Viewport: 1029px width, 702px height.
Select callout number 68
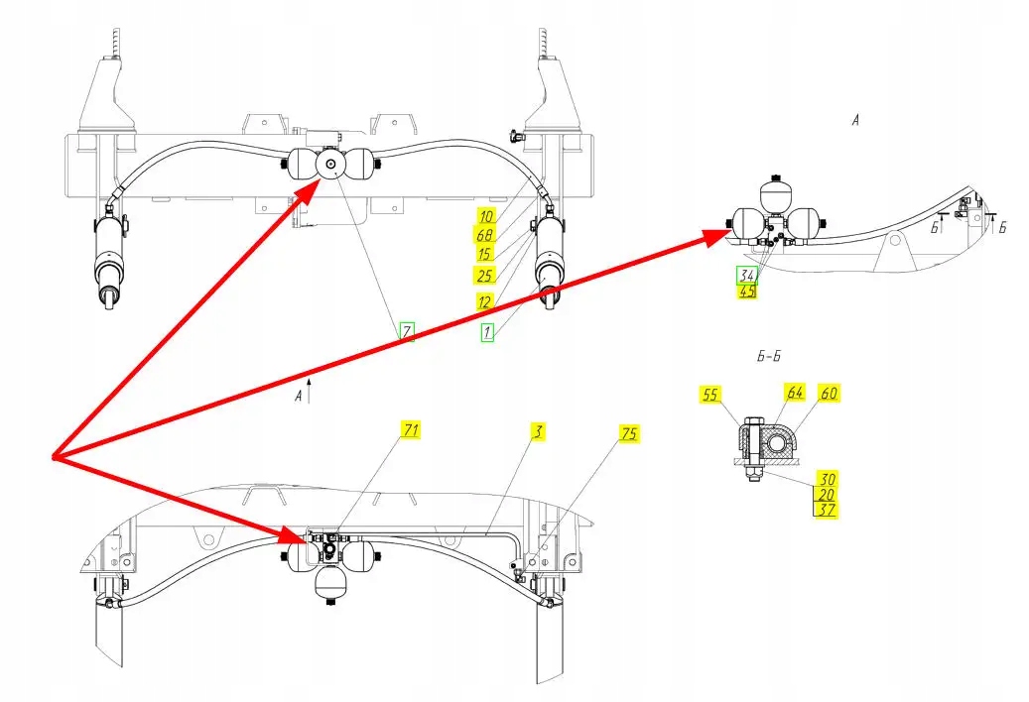point(485,235)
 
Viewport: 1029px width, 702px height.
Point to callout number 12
point(485,301)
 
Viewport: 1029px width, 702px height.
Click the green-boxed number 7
point(406,331)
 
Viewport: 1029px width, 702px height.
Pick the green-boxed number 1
point(487,333)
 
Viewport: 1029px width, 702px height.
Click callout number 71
point(411,429)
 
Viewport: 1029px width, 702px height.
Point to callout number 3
point(536,433)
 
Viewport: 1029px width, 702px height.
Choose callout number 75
point(629,433)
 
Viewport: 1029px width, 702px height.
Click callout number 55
point(709,394)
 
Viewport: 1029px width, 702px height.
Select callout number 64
point(796,394)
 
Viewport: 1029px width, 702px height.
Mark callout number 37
point(828,510)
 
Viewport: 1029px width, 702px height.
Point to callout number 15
point(485,254)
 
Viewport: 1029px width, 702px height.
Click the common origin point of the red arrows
point(53,457)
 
